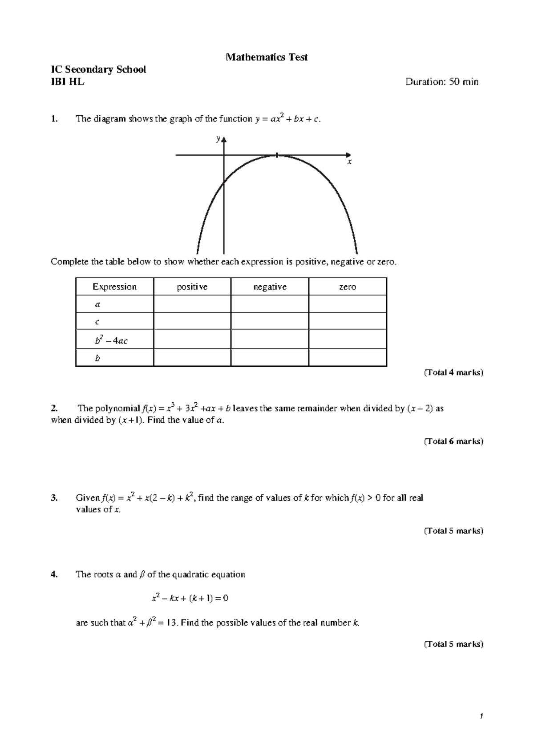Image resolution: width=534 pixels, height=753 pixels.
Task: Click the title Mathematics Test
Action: tap(267, 57)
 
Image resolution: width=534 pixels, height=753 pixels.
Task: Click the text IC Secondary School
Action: tap(98, 69)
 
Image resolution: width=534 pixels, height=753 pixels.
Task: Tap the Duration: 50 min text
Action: tap(441, 82)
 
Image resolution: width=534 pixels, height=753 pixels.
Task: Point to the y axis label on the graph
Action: tap(218, 139)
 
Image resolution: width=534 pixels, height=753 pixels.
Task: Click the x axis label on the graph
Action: tap(349, 162)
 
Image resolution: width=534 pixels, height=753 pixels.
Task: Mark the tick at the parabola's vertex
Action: tap(277, 155)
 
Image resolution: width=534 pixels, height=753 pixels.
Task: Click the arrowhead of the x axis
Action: tap(348, 155)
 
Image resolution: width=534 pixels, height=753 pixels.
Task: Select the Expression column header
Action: tap(114, 287)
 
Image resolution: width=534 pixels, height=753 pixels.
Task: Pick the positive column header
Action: tap(192, 287)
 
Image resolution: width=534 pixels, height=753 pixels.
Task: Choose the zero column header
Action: tap(347, 287)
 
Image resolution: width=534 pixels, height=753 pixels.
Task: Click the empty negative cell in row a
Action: tap(270, 304)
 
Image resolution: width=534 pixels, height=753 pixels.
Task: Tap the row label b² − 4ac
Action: tap(111, 341)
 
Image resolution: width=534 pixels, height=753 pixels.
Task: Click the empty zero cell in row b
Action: tap(347, 358)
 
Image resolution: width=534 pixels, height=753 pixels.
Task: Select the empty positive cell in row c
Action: tap(192, 321)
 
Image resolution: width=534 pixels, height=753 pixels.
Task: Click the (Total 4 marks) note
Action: tap(453, 373)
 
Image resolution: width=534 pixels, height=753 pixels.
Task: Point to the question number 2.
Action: tap(54, 409)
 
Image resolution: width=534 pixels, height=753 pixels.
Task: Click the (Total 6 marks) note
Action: tap(453, 441)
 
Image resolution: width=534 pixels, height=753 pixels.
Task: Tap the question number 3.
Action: tap(54, 498)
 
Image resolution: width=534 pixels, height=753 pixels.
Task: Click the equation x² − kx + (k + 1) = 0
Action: tap(190, 599)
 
